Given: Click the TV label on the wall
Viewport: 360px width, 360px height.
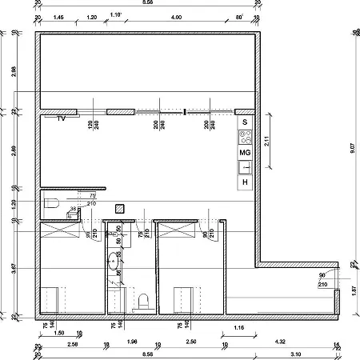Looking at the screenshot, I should (x=61, y=118).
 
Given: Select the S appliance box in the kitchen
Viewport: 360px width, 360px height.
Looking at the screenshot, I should (x=246, y=122).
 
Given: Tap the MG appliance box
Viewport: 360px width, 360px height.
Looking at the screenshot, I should (x=246, y=151).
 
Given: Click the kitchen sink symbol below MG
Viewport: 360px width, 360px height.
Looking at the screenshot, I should (x=246, y=167).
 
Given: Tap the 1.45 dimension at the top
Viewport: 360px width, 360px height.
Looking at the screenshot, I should (x=58, y=16).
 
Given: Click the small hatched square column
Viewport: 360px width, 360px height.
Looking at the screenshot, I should (x=119, y=209).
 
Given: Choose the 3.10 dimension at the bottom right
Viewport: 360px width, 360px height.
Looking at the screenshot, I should (x=295, y=353).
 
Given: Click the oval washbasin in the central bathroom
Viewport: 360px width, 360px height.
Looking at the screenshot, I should (x=114, y=262).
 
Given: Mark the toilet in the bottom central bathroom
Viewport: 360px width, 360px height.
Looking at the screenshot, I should (x=145, y=302).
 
